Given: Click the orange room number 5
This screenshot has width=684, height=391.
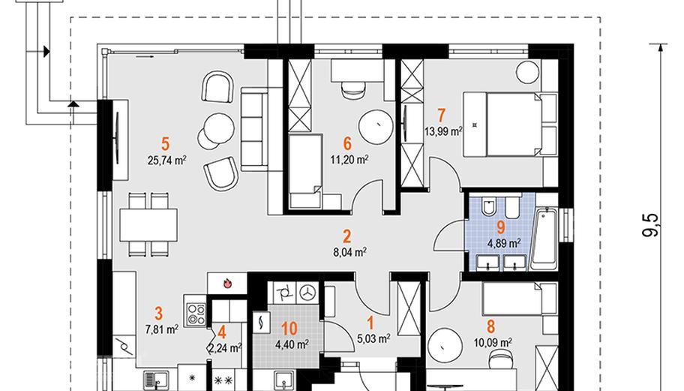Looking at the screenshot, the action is pos(165,143).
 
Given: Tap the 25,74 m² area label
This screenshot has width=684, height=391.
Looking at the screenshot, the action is pos(167,160).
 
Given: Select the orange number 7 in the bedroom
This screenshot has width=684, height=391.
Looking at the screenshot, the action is pos(441,116).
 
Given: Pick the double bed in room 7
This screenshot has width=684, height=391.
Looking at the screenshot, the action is pos(509,124).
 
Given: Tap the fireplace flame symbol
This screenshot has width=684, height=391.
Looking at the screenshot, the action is pos(226,284).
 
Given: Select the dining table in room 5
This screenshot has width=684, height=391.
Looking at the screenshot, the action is pos(148,224).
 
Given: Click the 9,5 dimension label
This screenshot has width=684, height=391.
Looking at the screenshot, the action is pos(649,224).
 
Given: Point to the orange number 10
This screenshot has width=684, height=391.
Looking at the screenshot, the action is pos(289,328).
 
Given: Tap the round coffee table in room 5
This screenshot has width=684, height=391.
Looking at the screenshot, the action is pos(218,128).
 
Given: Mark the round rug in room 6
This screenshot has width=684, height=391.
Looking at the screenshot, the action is pos(376,127).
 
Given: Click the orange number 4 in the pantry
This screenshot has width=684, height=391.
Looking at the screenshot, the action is pos(221,333).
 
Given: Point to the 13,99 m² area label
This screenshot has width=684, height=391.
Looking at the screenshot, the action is pos(443,131).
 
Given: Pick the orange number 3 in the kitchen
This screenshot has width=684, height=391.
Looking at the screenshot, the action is pos(158,313).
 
